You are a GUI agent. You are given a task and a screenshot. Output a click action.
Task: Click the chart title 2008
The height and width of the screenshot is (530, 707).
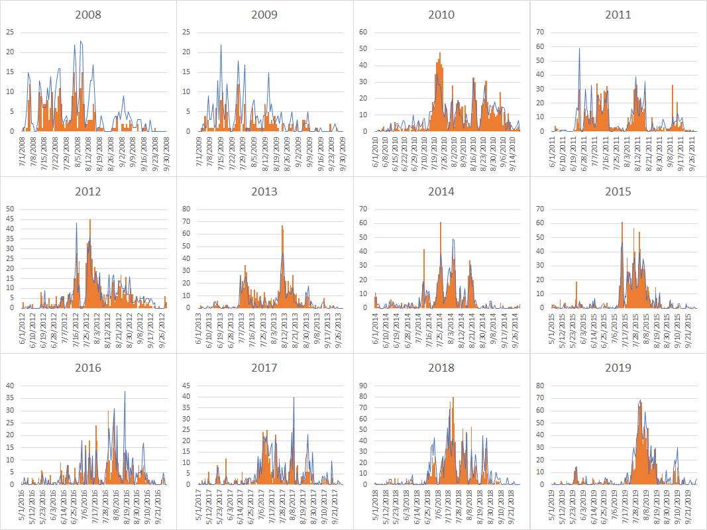click(x=88, y=15)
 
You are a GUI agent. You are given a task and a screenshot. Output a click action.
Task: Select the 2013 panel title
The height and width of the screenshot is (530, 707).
click(x=264, y=191)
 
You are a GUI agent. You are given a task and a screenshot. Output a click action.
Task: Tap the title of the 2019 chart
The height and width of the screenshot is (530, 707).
click(x=618, y=368)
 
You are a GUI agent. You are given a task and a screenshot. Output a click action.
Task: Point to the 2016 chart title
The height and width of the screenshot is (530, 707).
click(x=88, y=368)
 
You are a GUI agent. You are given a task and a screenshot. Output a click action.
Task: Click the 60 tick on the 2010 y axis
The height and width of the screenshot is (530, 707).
click(x=362, y=32)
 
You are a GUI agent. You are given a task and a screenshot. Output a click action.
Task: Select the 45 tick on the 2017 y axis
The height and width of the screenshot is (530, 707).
click(x=186, y=385)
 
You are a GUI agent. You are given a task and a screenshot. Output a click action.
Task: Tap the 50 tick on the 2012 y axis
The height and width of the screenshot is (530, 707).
click(x=9, y=209)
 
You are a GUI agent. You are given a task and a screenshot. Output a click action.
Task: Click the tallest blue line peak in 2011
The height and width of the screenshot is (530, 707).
click(x=580, y=48)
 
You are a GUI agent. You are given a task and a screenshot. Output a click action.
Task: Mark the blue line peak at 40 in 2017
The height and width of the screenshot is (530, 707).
click(x=294, y=397)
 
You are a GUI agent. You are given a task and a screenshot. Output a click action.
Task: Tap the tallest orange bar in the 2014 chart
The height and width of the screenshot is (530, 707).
click(x=441, y=223)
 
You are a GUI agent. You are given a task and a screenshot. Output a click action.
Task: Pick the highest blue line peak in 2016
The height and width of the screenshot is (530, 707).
click(x=125, y=392)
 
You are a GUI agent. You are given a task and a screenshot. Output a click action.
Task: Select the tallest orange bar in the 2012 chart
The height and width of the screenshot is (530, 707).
click(x=90, y=220)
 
